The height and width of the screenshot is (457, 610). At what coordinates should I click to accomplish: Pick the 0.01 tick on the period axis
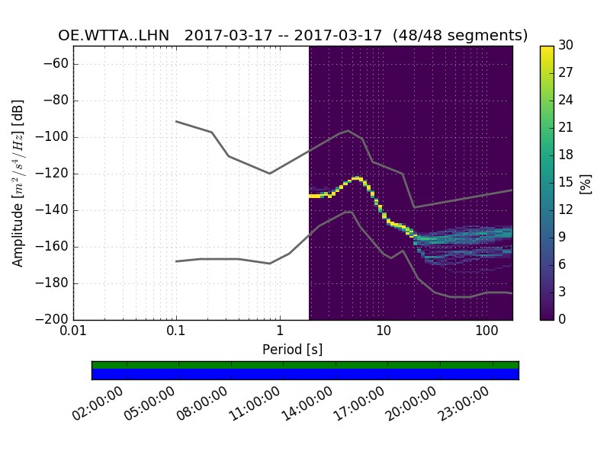pos(73,331)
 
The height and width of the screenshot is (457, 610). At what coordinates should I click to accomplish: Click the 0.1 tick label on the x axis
pos(176,331)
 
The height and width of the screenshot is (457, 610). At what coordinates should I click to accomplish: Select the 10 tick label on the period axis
pos(383,331)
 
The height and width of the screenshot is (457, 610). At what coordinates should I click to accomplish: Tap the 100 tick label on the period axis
pos(486,331)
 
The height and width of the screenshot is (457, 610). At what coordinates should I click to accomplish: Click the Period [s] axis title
pos(292,350)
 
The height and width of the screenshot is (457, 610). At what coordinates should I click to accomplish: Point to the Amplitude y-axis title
pos(18,183)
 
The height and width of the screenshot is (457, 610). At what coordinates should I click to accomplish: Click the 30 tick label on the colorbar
pos(566,46)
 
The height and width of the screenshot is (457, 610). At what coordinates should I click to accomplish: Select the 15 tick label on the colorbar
pos(566,183)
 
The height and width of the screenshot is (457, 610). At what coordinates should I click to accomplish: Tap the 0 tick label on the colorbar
pos(563,320)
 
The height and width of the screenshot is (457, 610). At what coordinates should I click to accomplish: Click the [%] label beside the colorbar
pos(586,183)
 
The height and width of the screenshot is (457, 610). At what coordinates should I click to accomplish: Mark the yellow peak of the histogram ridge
pos(356,178)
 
